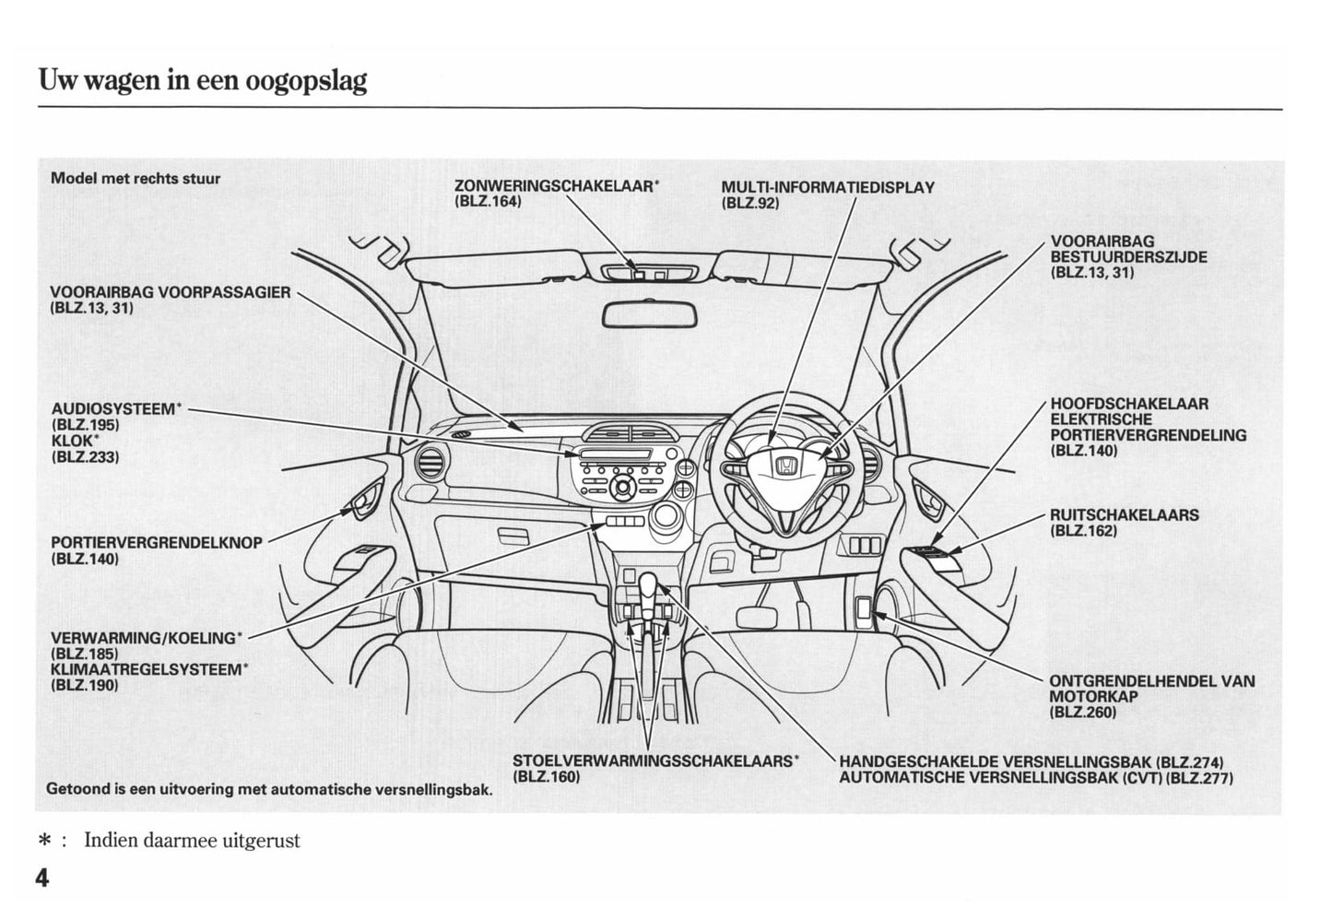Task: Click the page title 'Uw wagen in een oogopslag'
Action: (203, 80)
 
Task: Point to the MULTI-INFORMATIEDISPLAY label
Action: (827, 187)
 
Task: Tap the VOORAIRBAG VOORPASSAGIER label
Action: (170, 293)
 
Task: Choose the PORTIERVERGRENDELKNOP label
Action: (157, 543)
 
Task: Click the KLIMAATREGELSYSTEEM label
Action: (147, 669)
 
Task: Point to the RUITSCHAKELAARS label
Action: (1124, 514)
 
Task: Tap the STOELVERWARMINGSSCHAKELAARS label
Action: (654, 761)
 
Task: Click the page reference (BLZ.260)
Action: (1082, 712)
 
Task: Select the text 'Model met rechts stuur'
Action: (136, 178)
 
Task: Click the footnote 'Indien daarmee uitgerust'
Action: (192, 841)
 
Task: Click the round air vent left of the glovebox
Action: (430, 461)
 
